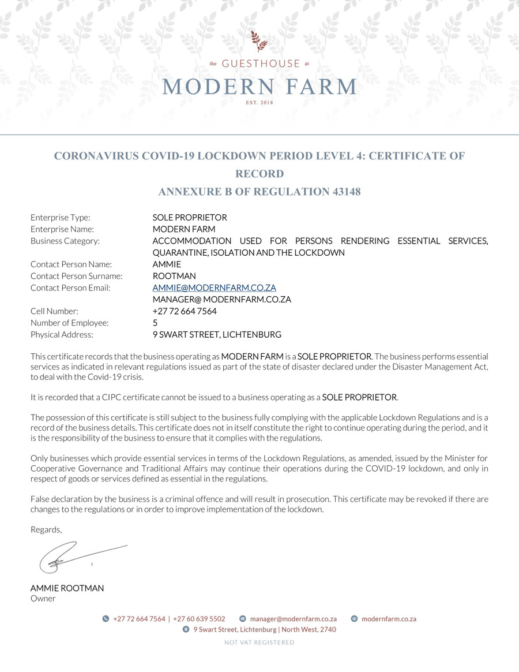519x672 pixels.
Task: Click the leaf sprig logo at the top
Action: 259,42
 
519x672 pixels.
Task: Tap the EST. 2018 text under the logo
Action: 259,103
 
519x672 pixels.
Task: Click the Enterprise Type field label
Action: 61,218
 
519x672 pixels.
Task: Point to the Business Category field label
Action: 65,241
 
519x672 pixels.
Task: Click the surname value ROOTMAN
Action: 174,276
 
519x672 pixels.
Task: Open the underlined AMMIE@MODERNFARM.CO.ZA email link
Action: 214,288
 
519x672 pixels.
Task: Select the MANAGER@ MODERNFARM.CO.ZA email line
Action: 221,299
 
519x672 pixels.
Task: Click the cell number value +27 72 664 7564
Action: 185,311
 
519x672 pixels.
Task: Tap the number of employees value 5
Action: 155,323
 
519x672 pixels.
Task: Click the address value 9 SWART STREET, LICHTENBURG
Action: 217,334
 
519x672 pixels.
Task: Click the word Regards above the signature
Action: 46,529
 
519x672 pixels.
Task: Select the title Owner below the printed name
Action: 43,599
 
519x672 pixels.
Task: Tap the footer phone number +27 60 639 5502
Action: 199,619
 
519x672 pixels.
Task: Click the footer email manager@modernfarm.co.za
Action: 293,619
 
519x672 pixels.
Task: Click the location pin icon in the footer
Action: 186,630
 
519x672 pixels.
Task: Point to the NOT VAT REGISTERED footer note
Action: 259,642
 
